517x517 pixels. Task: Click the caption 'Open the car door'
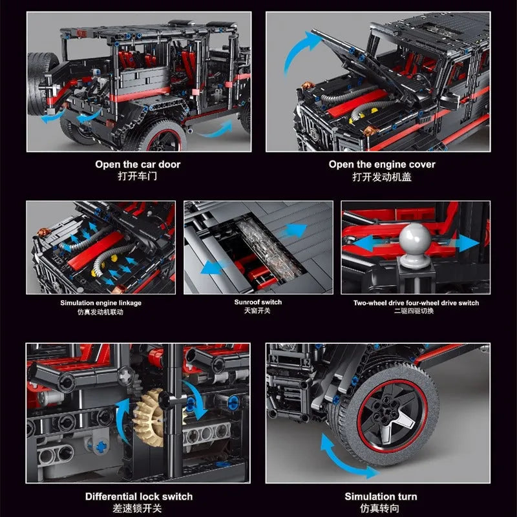click(138, 164)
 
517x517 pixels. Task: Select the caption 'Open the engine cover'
click(382, 164)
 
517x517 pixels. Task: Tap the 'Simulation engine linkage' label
click(101, 302)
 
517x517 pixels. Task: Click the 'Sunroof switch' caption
click(258, 302)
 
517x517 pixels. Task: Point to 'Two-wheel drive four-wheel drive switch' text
click(416, 302)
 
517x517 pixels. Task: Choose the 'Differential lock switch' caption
click(139, 496)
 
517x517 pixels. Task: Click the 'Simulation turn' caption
click(381, 496)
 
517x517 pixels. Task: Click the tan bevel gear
click(150, 417)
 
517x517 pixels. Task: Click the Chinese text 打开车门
click(138, 176)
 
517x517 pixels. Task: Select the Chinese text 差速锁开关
click(137, 508)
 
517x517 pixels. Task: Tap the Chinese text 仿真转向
click(379, 508)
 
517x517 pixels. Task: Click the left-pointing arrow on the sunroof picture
click(215, 267)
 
